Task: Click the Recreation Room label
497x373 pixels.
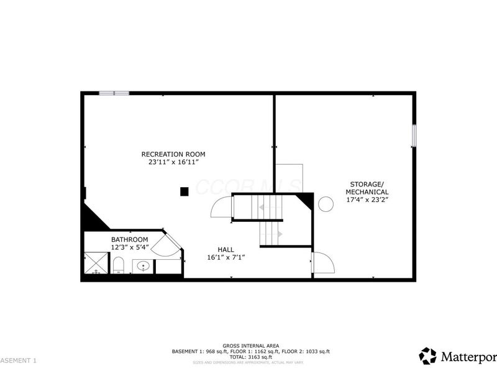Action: coord(173,154)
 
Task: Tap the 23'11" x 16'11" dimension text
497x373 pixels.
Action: coord(173,162)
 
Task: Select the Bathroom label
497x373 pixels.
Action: coord(129,239)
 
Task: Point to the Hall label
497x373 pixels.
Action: coord(226,249)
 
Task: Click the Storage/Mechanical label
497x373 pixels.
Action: coord(369,188)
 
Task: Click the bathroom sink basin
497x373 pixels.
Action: coord(144,267)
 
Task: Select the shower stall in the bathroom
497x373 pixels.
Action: coord(96,263)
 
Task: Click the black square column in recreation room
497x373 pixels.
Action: coord(185,191)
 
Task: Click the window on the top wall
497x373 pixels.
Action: coord(114,93)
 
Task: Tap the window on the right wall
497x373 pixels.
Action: coord(414,136)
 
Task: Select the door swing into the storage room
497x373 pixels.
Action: coord(323,264)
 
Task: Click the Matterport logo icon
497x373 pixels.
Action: coord(427,356)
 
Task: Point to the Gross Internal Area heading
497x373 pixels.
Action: coord(251,346)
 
